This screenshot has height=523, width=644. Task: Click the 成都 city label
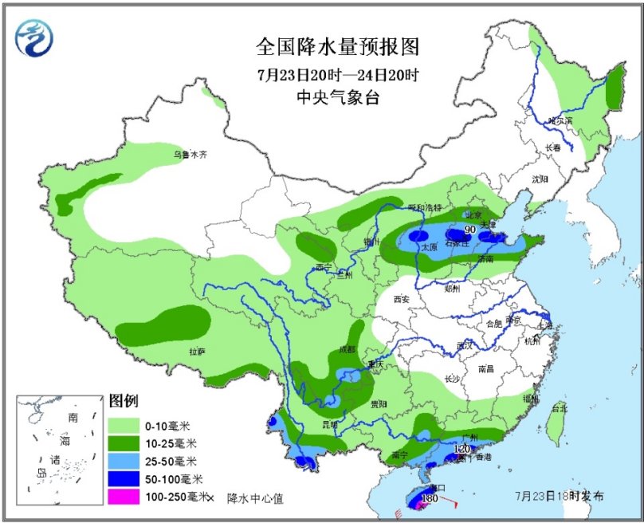[348, 348]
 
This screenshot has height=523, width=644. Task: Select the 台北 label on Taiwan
[560, 408]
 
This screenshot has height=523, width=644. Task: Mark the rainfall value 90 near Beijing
[470, 230]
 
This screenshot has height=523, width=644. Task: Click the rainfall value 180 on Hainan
[429, 498]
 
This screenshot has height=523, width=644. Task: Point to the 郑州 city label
[453, 289]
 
